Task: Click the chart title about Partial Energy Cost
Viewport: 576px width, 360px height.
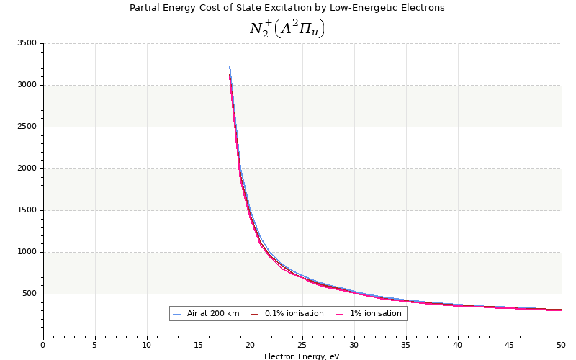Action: click(x=287, y=8)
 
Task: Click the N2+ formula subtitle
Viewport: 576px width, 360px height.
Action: click(x=287, y=28)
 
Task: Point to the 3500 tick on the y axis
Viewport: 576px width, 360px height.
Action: click(x=27, y=43)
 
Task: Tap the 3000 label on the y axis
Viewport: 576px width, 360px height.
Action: click(x=27, y=85)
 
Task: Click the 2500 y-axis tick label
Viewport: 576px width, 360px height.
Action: click(x=27, y=127)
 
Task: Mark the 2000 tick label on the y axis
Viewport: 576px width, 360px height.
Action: click(x=27, y=168)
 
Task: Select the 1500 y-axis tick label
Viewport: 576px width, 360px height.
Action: click(x=27, y=210)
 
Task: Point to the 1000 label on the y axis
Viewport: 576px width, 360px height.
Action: click(x=27, y=252)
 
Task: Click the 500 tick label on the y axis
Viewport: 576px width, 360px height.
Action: click(x=29, y=294)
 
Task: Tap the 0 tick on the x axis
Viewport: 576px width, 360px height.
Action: click(x=43, y=345)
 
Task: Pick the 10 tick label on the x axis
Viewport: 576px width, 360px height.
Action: click(x=147, y=345)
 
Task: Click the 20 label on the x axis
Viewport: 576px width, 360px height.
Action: click(x=251, y=345)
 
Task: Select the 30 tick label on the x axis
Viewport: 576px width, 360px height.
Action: click(x=354, y=345)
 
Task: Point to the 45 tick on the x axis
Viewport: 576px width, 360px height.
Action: click(x=510, y=345)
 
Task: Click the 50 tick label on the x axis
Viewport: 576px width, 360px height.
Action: click(x=562, y=345)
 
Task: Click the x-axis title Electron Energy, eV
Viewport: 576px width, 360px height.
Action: click(x=302, y=356)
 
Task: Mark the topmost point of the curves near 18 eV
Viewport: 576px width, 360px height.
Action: click(x=230, y=66)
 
